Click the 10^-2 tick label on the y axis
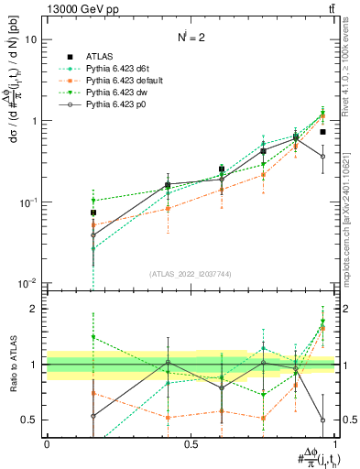click(x=29, y=283)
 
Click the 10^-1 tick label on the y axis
click(x=29, y=202)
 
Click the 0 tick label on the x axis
click(x=47, y=444)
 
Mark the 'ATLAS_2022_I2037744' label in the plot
click(x=191, y=274)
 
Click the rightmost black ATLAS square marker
click(x=322, y=132)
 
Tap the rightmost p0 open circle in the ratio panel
click(x=322, y=420)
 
